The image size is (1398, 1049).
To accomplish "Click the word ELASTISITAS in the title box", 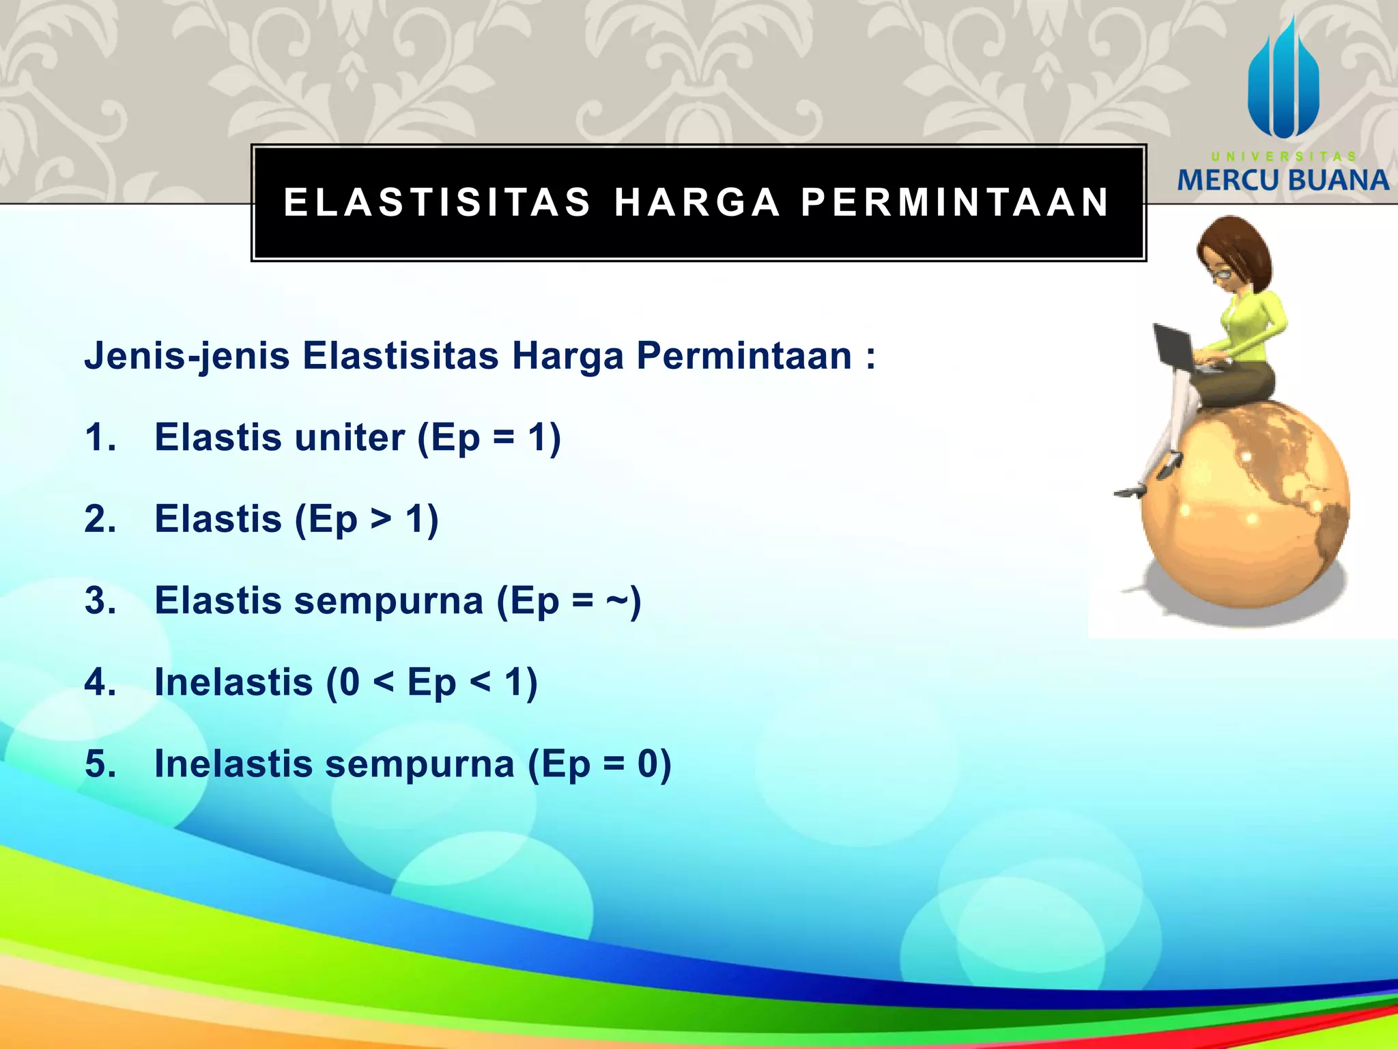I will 437,202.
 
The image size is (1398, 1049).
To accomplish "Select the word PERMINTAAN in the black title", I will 956,202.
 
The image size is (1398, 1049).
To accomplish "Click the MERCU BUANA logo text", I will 1283,180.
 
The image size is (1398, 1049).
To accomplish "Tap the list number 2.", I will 100,519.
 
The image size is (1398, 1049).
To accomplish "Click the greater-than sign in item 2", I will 382,519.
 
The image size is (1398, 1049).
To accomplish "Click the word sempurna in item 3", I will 388,601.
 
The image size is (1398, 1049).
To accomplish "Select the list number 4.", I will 100,682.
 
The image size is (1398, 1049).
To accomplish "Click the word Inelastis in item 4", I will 233,682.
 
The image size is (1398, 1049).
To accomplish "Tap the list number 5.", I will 100,764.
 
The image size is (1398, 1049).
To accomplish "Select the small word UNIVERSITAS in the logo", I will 1283,156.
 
